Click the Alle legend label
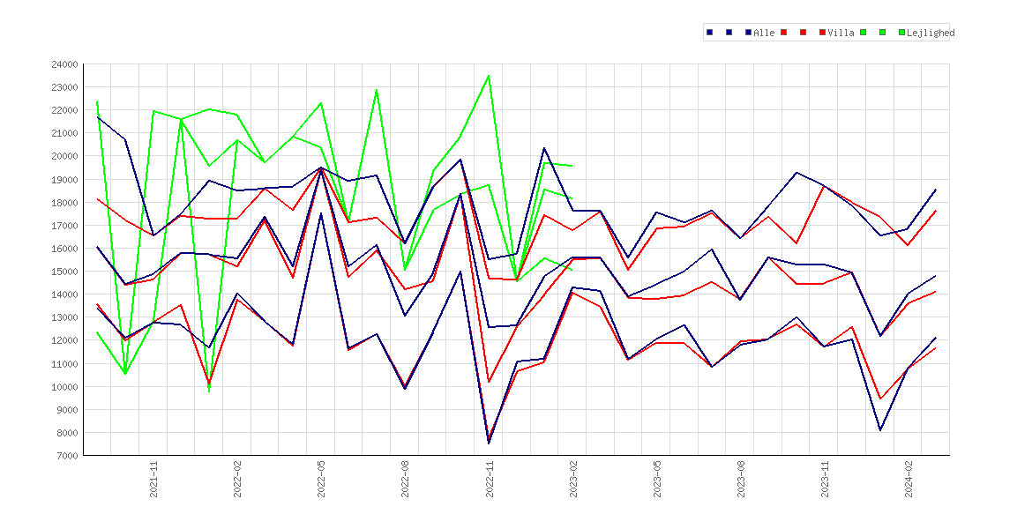coord(764,33)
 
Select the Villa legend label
coord(841,33)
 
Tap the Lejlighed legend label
coord(931,33)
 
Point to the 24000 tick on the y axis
coord(64,64)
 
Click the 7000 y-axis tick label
coord(66,455)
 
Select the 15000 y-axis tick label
coord(64,271)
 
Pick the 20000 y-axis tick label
coord(64,156)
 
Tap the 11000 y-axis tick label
coord(64,363)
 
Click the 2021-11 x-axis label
coord(153,479)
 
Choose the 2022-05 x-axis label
coord(321,479)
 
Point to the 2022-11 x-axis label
coord(489,479)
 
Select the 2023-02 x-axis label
coord(572,479)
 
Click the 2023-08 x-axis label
coord(740,479)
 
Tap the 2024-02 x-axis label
coord(909,479)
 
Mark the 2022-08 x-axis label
coord(405,479)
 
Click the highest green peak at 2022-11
coord(489,76)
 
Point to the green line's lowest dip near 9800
coord(209,391)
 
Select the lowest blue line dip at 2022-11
coord(489,443)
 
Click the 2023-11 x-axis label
coord(825,479)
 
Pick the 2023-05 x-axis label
coord(657,479)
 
